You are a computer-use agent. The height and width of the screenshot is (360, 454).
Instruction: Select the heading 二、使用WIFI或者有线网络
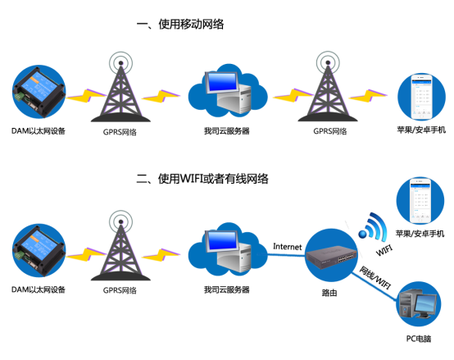202,178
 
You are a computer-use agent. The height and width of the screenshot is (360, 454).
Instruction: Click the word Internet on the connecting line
288,246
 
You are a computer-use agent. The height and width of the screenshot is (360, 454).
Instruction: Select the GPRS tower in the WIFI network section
121,246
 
